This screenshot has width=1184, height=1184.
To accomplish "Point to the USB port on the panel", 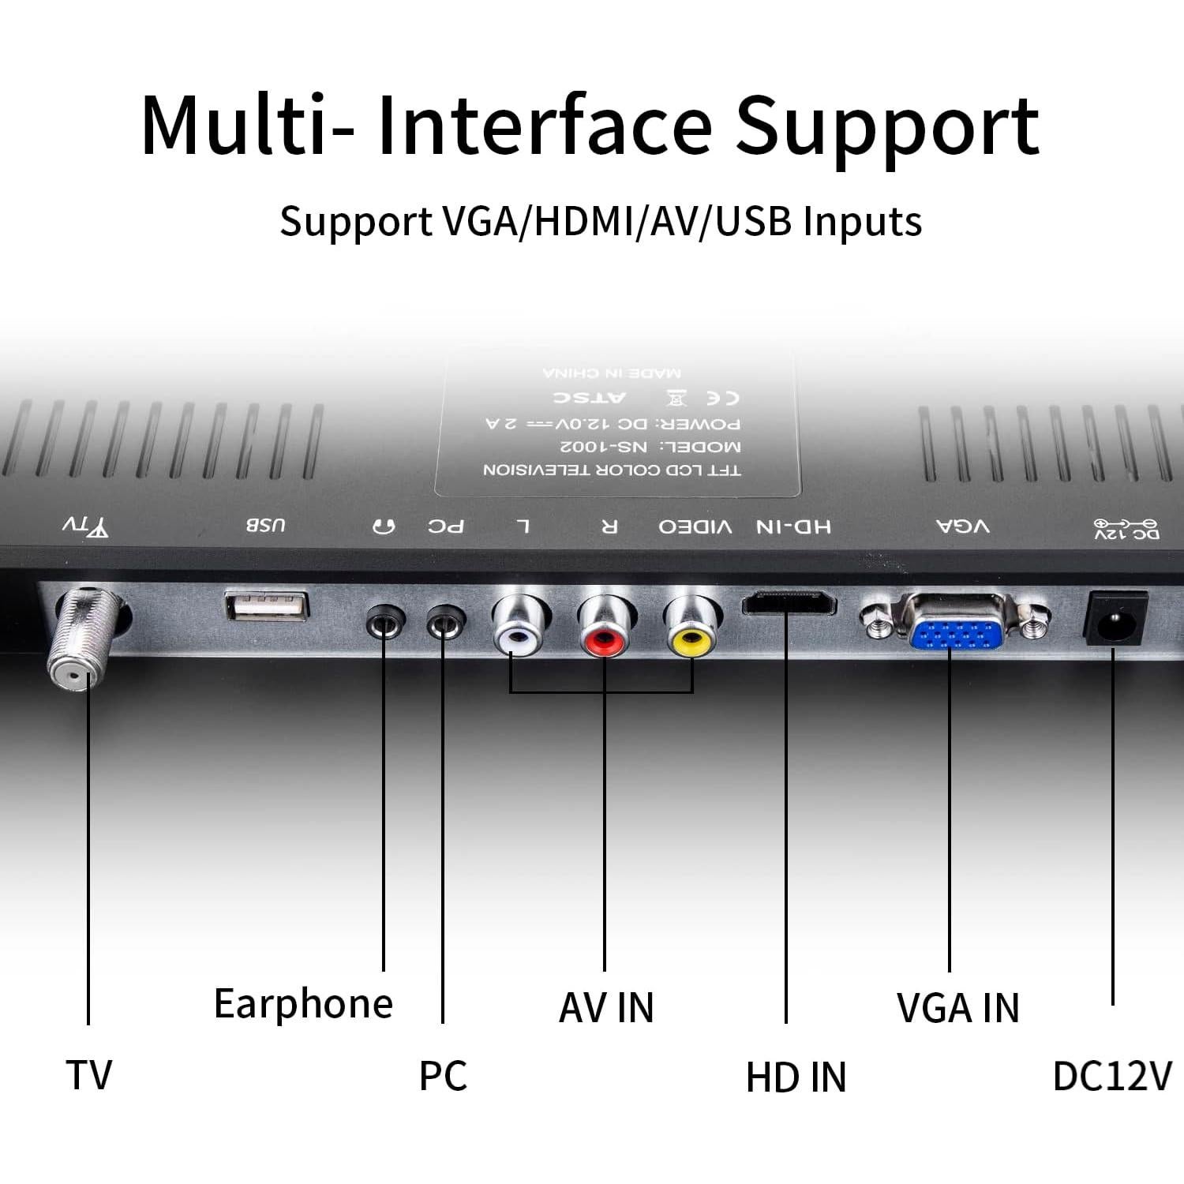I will pyautogui.click(x=267, y=605).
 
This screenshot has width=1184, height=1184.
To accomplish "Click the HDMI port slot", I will pyautogui.click(x=788, y=604).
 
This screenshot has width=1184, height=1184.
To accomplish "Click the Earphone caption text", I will pyautogui.click(x=303, y=1004).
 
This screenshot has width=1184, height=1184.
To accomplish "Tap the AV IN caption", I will pyautogui.click(x=606, y=1008).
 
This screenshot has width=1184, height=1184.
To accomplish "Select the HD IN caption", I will pyautogui.click(x=796, y=1077).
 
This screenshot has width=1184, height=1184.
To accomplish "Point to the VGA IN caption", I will pyautogui.click(x=957, y=1008).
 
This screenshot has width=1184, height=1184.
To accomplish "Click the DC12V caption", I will pyautogui.click(x=1112, y=1076).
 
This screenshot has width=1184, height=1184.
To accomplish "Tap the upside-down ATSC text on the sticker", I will pyautogui.click(x=589, y=396).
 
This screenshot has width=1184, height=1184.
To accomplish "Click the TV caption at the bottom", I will pyautogui.click(x=88, y=1075).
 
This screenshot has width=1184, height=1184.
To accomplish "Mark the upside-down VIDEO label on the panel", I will pyautogui.click(x=695, y=526).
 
